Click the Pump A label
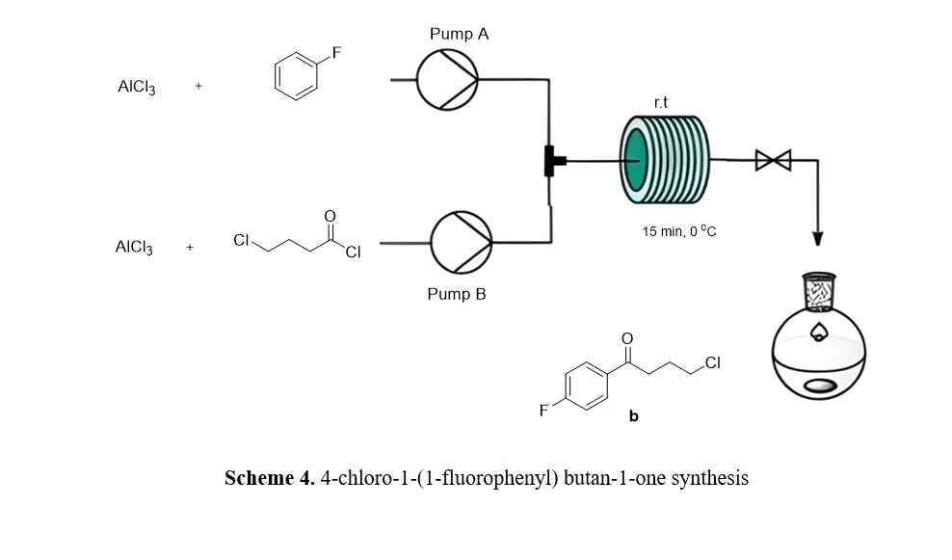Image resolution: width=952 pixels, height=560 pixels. point(459,34)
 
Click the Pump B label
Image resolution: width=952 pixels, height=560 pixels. point(457,294)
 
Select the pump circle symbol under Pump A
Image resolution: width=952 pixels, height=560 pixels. point(446,80)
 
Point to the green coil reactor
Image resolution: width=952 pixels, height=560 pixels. point(665,160)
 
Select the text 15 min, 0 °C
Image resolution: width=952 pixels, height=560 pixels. point(678,231)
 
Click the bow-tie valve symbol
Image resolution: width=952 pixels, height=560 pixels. point(773,160)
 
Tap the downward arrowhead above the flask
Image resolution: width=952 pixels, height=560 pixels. point(819,237)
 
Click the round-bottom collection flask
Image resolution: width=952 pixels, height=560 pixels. point(819,362)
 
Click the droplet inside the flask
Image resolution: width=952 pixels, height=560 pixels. point(819,333)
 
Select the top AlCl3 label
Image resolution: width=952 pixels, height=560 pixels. point(137,87)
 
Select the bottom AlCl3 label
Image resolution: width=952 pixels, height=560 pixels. point(134,248)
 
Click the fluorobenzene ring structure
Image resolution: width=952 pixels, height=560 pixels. point(297,77)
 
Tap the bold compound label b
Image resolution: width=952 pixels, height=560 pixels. point(633,417)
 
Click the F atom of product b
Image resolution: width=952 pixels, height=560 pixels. point(543,412)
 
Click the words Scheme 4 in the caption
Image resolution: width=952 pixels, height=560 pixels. point(269,478)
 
